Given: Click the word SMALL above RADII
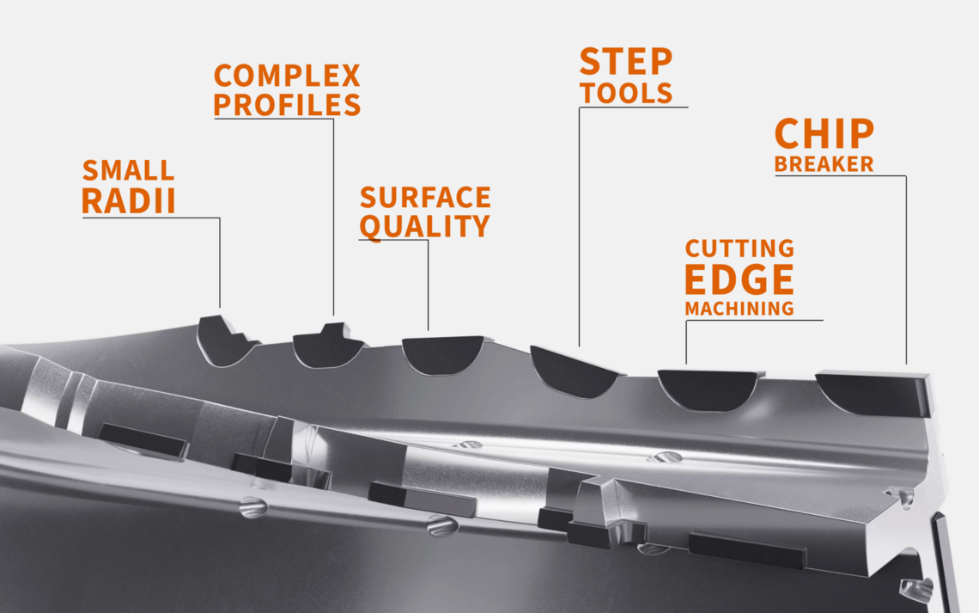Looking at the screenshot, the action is [128, 170].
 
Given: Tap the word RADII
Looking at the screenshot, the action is [129, 201].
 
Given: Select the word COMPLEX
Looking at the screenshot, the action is [287, 76].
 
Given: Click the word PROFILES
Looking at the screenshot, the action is [287, 104].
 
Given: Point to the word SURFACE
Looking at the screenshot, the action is [425, 198].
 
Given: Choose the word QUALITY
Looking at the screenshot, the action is [424, 226].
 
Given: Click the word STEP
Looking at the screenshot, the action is [625, 61].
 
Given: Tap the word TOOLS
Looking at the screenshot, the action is [626, 93].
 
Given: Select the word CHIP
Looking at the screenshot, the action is [824, 133].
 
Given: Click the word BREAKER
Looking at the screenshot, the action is [824, 163].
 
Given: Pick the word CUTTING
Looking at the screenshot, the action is [740, 248].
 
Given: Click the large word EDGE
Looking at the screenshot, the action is [739, 279].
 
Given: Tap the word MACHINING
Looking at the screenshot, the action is [739, 309].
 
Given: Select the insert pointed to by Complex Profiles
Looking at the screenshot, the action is [326, 347].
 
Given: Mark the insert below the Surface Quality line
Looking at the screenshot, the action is [443, 354].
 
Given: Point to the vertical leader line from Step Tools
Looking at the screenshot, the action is [580, 227].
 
